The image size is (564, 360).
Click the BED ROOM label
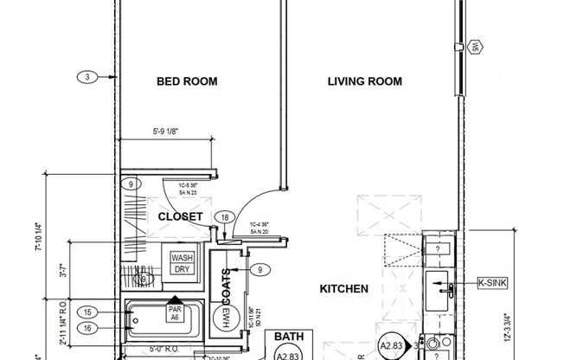coord(186,82)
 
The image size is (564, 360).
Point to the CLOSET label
coord(180,216)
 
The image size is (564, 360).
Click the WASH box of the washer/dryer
coord(182,258)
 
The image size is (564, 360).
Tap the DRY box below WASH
coord(182,269)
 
